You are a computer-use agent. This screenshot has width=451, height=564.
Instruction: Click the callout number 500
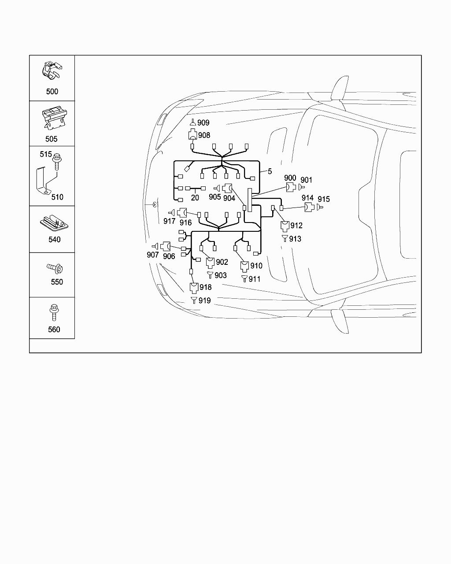[x=52, y=92]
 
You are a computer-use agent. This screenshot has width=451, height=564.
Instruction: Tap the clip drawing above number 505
[x=53, y=118]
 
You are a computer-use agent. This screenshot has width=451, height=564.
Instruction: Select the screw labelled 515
[x=57, y=161]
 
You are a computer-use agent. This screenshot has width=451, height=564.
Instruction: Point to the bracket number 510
[x=57, y=197]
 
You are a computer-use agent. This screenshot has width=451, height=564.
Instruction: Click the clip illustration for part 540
[x=54, y=222]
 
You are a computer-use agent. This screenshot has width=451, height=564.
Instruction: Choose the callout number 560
[x=54, y=329]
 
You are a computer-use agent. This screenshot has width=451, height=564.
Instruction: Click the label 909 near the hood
[x=203, y=123]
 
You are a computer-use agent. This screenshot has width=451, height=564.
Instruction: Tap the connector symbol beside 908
[x=192, y=135]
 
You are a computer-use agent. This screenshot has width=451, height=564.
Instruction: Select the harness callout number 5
[x=270, y=171]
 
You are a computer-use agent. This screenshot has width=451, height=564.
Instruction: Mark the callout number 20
[x=195, y=198]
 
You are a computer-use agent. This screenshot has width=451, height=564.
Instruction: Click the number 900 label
[x=290, y=178]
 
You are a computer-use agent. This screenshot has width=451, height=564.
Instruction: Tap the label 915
[x=324, y=199]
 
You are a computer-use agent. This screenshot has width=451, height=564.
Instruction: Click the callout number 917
[x=170, y=221]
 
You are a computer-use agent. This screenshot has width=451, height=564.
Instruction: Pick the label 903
[x=221, y=275]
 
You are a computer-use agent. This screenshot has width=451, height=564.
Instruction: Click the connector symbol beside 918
[x=194, y=287]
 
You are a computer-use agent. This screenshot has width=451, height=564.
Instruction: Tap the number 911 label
[x=255, y=279]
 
